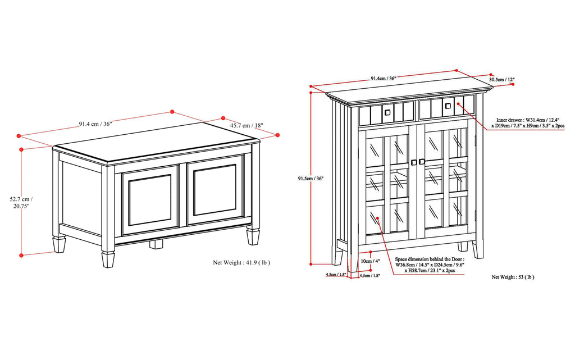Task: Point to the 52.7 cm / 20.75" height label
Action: click(x=21, y=202)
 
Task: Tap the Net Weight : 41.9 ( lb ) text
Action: click(x=241, y=262)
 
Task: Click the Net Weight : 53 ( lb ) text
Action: click(x=513, y=277)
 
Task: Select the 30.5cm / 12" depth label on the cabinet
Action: click(x=501, y=80)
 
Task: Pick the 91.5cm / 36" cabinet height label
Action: click(x=311, y=179)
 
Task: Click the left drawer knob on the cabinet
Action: click(x=386, y=112)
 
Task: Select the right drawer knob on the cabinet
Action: click(x=448, y=106)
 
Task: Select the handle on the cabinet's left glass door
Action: click(x=413, y=162)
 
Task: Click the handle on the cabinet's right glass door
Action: click(x=422, y=162)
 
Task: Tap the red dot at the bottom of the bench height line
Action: click(x=21, y=256)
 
